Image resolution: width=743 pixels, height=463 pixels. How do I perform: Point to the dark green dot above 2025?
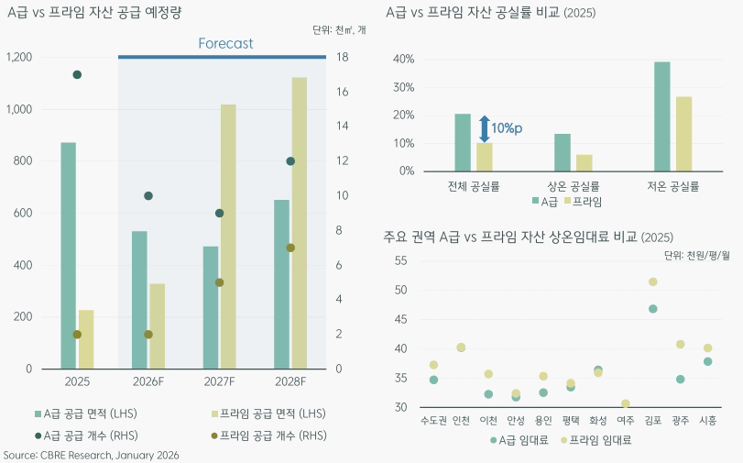pos(78,74)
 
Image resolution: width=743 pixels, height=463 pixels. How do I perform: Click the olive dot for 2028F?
pos(290,248)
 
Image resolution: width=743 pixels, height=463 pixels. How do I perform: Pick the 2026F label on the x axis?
pos(148,381)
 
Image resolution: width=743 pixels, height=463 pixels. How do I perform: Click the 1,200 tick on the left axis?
pos(19,57)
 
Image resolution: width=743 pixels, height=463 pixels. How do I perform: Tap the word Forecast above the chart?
pos(225,43)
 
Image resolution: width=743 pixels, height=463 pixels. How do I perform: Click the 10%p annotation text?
pos(507,128)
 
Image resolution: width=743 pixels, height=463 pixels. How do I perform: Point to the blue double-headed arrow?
pos(485,128)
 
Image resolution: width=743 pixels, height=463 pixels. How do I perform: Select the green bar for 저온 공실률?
pos(662,116)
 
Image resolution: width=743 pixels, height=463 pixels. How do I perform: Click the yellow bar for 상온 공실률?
pos(584,162)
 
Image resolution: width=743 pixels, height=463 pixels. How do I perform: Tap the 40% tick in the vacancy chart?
pos(404,60)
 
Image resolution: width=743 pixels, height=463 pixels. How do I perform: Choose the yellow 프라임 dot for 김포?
pos(653,282)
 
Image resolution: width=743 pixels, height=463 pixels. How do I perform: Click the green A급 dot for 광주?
pos(680,380)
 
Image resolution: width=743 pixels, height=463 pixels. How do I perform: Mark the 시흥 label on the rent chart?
pos(707,420)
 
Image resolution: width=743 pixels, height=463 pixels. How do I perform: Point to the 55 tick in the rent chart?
pos(399,260)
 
